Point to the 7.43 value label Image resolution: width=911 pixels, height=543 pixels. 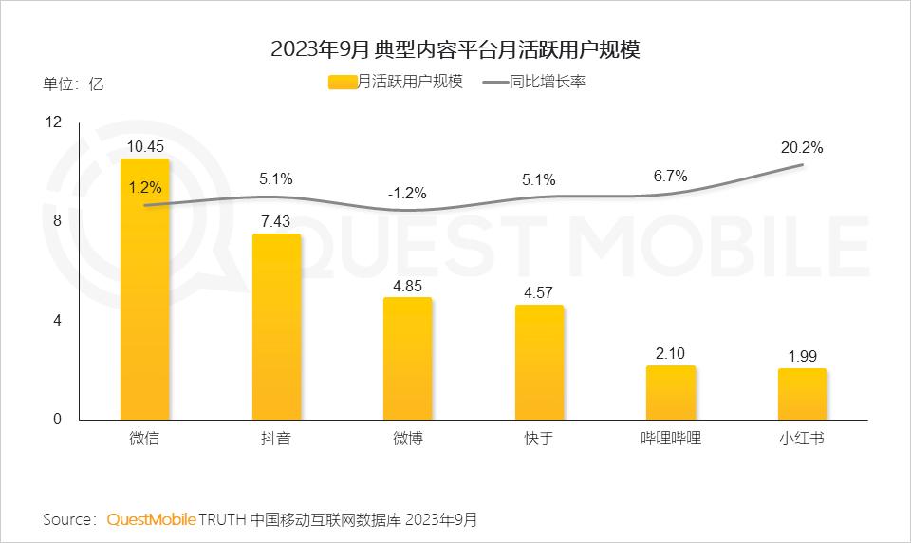click(x=276, y=219)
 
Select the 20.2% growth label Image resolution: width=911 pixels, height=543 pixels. click(x=802, y=147)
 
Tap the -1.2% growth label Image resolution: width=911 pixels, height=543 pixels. click(x=407, y=193)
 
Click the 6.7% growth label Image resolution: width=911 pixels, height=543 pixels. click(x=671, y=176)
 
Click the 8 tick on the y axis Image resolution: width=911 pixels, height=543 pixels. click(x=57, y=221)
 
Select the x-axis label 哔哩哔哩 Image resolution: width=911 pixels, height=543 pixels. click(x=671, y=439)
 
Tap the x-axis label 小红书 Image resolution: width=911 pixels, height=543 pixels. click(x=802, y=439)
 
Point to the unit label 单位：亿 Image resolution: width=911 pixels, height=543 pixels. click(x=73, y=83)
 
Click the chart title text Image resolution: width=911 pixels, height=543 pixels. click(x=455, y=49)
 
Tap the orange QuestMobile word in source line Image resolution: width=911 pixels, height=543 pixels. click(x=152, y=519)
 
